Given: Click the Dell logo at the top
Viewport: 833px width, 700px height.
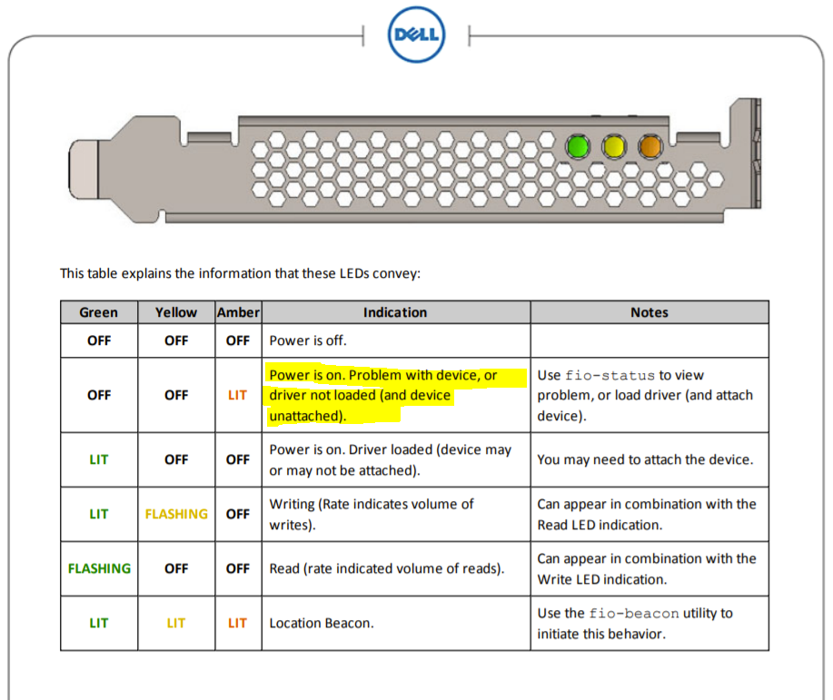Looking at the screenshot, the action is tap(416, 35).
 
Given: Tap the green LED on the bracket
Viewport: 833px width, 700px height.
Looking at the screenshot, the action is tap(578, 146).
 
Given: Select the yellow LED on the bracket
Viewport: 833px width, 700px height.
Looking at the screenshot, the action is tap(613, 146).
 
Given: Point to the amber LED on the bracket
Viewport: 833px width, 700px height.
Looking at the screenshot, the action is tap(650, 146).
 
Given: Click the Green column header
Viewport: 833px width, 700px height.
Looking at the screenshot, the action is tap(99, 312).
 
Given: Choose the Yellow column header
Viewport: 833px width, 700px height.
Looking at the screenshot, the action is tap(176, 312).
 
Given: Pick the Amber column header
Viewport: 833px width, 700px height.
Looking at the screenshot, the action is tap(238, 312).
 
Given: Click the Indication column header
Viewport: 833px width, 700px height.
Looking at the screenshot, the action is tap(395, 312).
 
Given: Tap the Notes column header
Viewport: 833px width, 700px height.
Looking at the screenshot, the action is tap(650, 312).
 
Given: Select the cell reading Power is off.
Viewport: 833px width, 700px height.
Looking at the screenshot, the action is tap(308, 340).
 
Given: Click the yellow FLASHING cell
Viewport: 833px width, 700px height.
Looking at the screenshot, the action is tap(176, 514).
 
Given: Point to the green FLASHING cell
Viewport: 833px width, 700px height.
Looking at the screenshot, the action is tap(99, 569).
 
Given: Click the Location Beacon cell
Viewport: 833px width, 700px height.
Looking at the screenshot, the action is tap(322, 623).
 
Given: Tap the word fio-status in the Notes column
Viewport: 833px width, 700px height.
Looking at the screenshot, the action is tap(610, 376).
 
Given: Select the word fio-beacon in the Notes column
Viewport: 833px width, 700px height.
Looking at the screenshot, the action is tap(634, 614).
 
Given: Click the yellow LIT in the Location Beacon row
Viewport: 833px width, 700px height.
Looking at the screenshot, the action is tap(176, 623).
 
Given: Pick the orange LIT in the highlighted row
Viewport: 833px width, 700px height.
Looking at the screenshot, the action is tap(237, 395).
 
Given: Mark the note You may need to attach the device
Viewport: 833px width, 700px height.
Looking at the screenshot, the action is tap(645, 459).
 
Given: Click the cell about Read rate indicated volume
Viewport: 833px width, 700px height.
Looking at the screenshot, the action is tap(387, 569).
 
